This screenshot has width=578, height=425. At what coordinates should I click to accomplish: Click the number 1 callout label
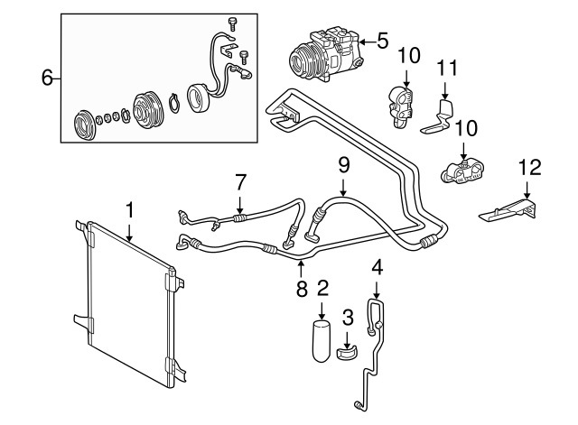[129, 210]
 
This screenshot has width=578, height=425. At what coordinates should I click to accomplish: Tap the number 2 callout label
[322, 289]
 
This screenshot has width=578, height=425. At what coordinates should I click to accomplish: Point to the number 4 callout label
[378, 267]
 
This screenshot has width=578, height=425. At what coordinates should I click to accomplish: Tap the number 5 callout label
[383, 41]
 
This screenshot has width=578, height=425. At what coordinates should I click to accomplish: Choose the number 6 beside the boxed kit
[48, 79]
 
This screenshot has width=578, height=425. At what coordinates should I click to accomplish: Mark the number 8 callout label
[301, 290]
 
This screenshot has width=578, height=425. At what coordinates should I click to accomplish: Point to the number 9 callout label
[343, 165]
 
